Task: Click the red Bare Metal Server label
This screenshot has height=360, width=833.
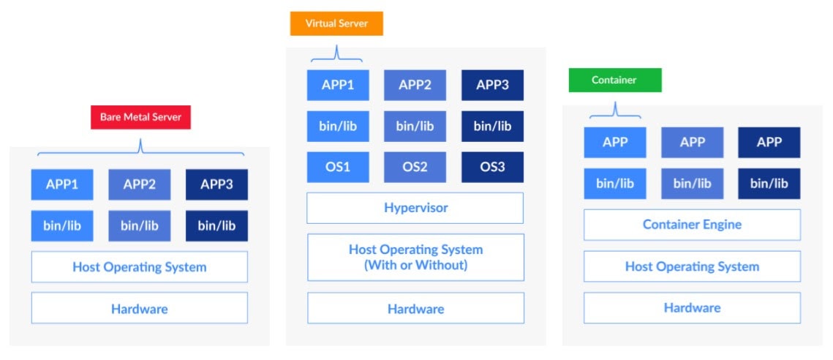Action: pyautogui.click(x=140, y=117)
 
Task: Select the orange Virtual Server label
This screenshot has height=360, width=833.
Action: pyautogui.click(x=336, y=23)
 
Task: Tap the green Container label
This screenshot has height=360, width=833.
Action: pyautogui.click(x=614, y=80)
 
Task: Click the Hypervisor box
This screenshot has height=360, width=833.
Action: pyautogui.click(x=415, y=208)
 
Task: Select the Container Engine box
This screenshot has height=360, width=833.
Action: pyautogui.click(x=691, y=225)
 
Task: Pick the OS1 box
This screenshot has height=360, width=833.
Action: pyautogui.click(x=338, y=167)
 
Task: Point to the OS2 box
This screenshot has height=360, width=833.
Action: pyautogui.click(x=415, y=167)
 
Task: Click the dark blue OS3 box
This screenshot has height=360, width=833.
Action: pyautogui.click(x=492, y=167)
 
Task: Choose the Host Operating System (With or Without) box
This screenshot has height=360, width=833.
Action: pyautogui.click(x=415, y=257)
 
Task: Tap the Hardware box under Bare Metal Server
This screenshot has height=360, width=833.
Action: pyautogui.click(x=139, y=308)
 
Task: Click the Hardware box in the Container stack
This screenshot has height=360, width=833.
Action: pyautogui.click(x=691, y=308)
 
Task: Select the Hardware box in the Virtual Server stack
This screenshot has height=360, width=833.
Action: pyautogui.click(x=415, y=308)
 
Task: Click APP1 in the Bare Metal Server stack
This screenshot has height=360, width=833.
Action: pyautogui.click(x=62, y=184)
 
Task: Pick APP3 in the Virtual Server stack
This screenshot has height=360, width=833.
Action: pyautogui.click(x=492, y=85)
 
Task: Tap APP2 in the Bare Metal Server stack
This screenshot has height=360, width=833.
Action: pyautogui.click(x=139, y=184)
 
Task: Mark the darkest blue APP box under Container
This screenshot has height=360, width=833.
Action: pyautogui.click(x=769, y=143)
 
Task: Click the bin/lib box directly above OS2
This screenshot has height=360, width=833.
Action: pyautogui.click(x=415, y=126)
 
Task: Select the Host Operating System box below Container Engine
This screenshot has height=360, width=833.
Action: pyautogui.click(x=691, y=266)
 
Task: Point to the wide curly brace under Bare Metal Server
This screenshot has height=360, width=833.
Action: pyautogui.click(x=140, y=149)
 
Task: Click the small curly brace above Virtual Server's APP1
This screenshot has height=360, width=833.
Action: pyautogui.click(x=336, y=54)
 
